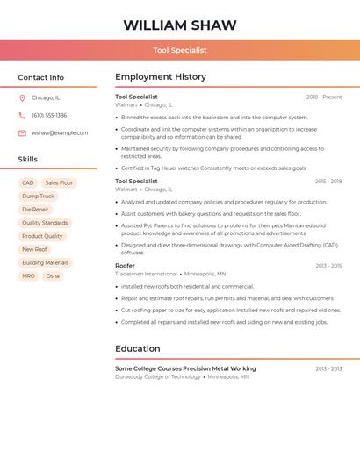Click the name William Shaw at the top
click(x=179, y=25)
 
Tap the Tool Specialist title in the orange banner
click(x=179, y=51)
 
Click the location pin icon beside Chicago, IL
click(x=22, y=98)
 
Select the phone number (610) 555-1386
click(x=49, y=115)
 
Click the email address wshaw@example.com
click(x=60, y=132)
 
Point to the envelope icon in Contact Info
click(x=22, y=132)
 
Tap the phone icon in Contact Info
click(x=22, y=115)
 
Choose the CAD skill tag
click(x=28, y=183)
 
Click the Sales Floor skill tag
click(x=59, y=183)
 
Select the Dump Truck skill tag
click(x=38, y=197)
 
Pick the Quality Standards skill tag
click(x=45, y=223)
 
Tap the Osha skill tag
click(x=53, y=275)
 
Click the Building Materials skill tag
click(x=45, y=262)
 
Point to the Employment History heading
click(x=161, y=77)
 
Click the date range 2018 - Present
click(x=324, y=97)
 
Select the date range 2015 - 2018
click(x=328, y=182)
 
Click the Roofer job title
click(x=125, y=266)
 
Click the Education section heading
click(x=138, y=348)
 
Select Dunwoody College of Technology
click(x=157, y=376)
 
